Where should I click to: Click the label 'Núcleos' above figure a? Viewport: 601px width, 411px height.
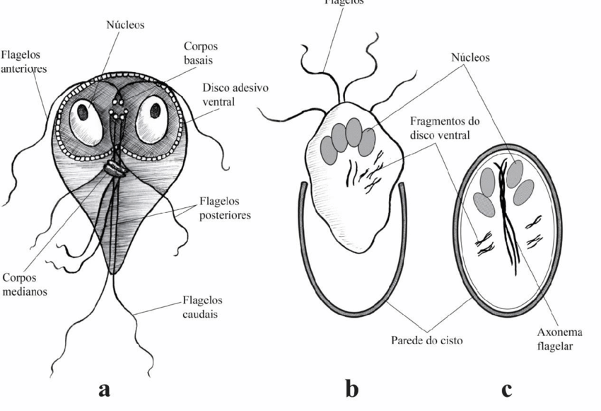click(x=125, y=25)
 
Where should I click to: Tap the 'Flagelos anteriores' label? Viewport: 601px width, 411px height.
click(x=23, y=61)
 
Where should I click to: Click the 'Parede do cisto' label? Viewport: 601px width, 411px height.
click(x=426, y=340)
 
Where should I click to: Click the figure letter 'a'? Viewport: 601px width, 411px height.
click(x=105, y=388)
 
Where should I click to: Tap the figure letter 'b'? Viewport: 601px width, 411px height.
click(x=352, y=388)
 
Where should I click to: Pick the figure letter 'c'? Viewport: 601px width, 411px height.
click(x=506, y=388)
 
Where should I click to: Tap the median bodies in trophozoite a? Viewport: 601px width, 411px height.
click(x=115, y=168)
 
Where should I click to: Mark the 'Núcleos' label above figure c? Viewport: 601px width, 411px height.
click(x=470, y=58)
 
